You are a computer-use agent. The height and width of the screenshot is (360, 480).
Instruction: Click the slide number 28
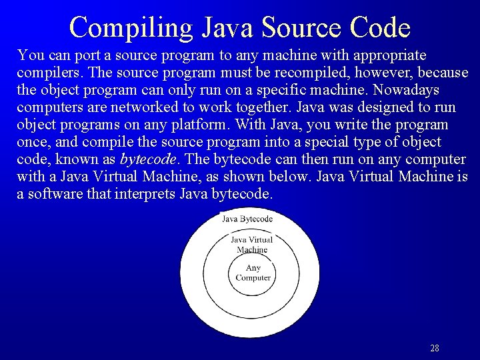(435, 348)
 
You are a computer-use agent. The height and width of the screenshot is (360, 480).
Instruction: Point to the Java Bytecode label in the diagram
(247, 219)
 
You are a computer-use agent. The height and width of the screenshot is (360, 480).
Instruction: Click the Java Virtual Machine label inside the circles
(252, 245)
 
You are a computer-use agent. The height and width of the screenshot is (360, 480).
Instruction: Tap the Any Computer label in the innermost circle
(253, 273)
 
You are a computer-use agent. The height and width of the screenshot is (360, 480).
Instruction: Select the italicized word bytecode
(147, 159)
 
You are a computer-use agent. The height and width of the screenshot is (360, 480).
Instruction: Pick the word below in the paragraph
(291, 177)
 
